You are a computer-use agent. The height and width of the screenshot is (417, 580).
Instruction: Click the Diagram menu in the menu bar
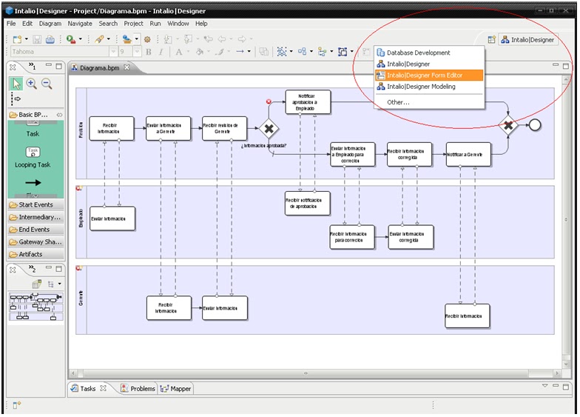point(50,24)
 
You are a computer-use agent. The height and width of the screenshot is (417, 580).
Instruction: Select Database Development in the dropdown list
point(417,53)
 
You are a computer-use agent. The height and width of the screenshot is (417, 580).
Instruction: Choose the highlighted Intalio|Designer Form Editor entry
point(425,76)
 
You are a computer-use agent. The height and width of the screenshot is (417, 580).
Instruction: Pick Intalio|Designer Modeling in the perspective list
point(420,87)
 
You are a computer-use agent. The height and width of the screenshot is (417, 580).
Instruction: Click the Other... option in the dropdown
point(397,102)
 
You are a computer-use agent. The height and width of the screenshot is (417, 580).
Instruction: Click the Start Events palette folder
point(34,204)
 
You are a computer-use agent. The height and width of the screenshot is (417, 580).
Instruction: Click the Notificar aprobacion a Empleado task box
point(307,102)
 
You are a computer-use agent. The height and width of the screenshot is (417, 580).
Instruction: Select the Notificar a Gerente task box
point(468,155)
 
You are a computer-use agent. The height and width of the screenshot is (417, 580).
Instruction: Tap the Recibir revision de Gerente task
point(224,129)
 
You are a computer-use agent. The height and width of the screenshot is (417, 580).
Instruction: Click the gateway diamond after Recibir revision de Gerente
point(269,129)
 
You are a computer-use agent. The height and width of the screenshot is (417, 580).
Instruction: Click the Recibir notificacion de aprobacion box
point(307,203)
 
